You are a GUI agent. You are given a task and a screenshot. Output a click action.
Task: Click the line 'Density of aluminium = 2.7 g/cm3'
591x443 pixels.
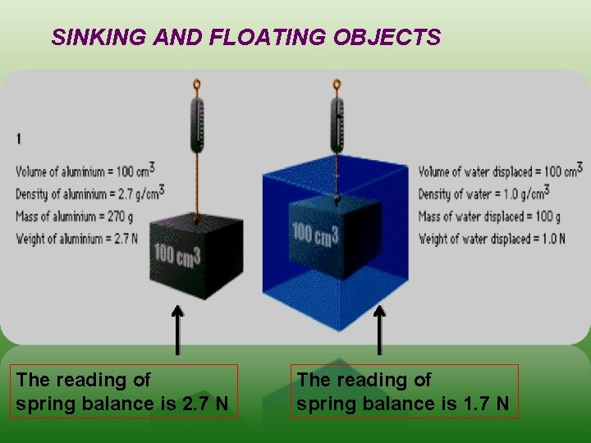pos(89,193)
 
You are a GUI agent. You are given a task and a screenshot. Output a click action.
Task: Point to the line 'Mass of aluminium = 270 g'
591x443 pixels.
pos(74,217)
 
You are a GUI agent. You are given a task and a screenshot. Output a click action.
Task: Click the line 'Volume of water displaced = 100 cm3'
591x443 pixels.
pos(500,170)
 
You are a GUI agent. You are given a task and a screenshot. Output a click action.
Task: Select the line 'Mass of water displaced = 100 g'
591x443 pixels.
pos(489,217)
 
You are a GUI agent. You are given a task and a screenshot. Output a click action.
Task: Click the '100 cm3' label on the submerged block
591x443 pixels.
pos(316,235)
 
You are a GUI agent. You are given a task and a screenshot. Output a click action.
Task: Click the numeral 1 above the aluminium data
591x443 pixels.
pos(19,139)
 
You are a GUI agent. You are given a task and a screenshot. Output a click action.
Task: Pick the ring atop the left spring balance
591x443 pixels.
pos(196,84)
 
